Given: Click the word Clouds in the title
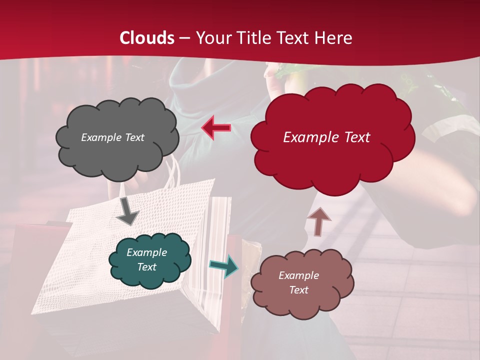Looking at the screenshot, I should (x=147, y=38).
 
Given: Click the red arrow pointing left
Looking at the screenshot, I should (x=216, y=127).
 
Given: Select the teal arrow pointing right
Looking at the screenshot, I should (x=223, y=265).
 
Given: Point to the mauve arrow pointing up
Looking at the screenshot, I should (x=318, y=221).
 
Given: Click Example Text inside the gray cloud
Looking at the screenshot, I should (x=112, y=137).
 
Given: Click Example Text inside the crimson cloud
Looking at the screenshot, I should (x=326, y=137).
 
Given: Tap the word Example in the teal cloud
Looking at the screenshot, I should (x=146, y=252).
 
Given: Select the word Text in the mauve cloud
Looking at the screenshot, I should (x=298, y=290).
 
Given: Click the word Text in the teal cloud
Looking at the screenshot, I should (x=146, y=267).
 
